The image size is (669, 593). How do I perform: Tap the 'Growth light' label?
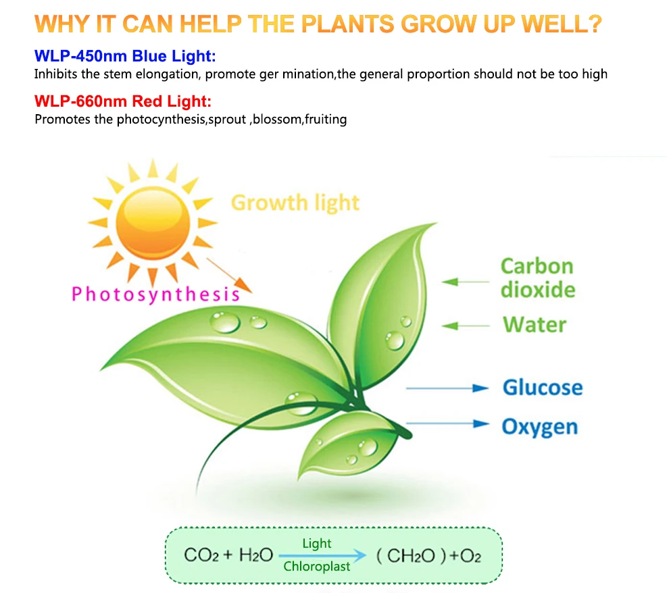click(295, 203)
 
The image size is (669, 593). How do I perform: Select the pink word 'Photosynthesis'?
click(155, 294)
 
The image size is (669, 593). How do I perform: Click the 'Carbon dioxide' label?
click(537, 278)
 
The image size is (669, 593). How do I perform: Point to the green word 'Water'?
click(534, 325)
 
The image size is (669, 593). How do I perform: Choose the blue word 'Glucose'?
click(542, 388)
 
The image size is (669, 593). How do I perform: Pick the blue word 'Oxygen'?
click(539, 427)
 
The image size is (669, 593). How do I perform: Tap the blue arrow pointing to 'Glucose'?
click(447, 388)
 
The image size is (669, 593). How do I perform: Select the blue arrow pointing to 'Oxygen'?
click(447, 424)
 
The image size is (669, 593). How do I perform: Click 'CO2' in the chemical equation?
click(200, 555)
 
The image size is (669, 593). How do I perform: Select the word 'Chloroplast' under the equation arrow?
click(317, 567)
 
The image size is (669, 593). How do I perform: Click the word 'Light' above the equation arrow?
click(317, 544)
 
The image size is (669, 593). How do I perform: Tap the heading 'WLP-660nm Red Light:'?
click(122, 102)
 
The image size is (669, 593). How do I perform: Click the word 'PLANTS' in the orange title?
click(347, 24)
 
